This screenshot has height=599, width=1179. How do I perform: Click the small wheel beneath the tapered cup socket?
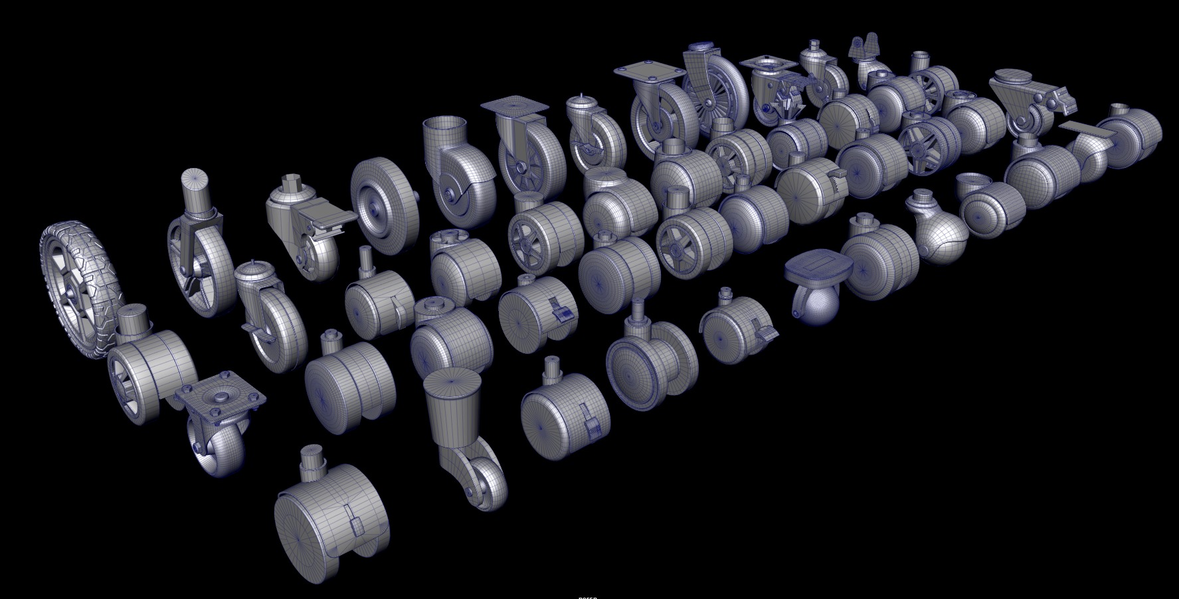[484, 481]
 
